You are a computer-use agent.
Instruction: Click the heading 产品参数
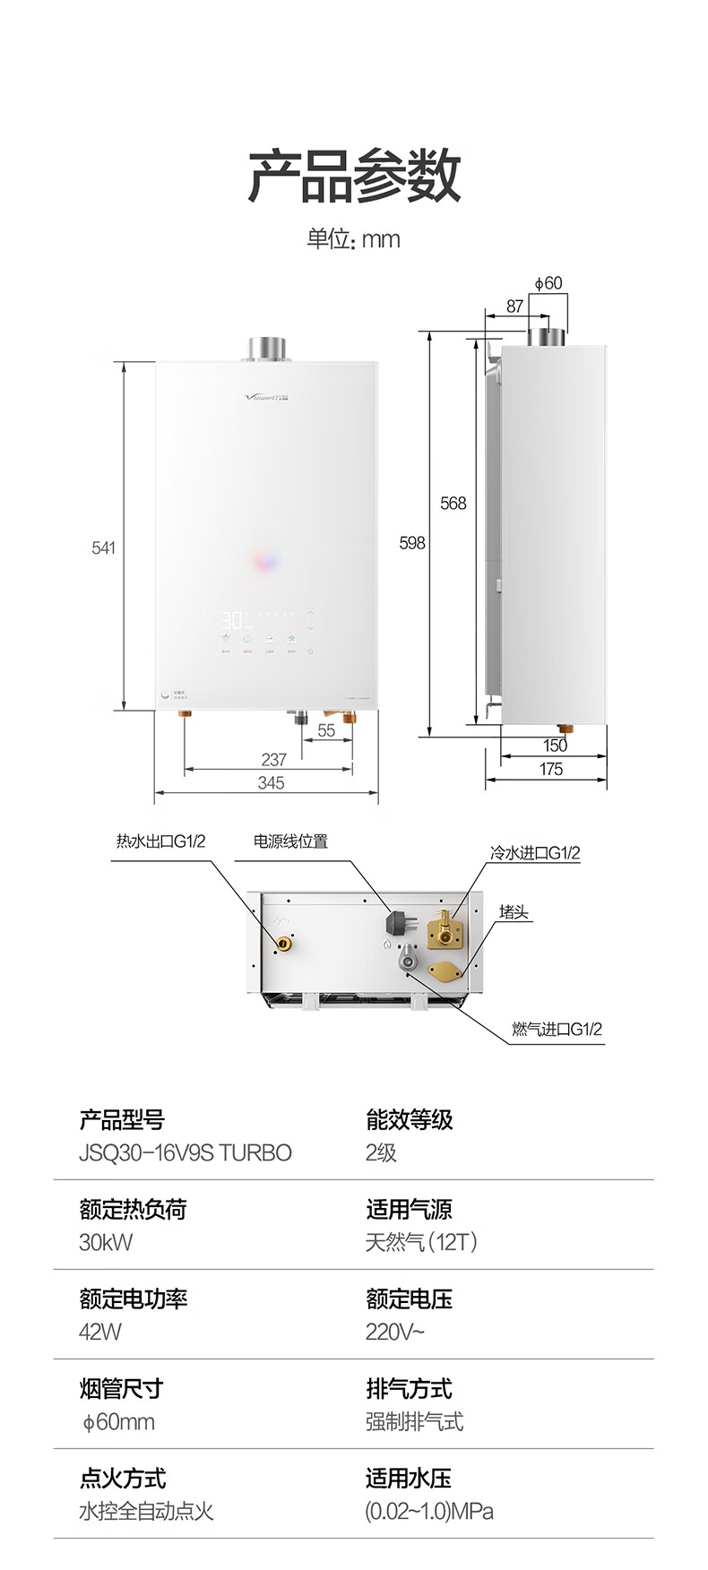354,177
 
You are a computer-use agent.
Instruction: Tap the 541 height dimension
104,548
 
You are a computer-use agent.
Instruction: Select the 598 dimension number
412,543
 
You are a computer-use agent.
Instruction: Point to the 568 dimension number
453,504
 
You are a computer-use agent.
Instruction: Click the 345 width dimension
271,783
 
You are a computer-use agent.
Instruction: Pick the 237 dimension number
273,760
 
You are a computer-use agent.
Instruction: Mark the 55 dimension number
326,731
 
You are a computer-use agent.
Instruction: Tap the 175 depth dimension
551,769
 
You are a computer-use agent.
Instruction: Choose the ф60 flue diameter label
548,283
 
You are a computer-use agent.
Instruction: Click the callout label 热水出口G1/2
161,841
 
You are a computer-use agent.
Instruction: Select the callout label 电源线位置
290,841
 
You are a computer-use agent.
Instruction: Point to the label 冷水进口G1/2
535,853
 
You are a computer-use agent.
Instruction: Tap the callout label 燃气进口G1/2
557,1029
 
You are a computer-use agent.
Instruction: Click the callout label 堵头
514,912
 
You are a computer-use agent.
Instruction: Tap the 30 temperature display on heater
233,619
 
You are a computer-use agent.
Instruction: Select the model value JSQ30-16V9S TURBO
186,1152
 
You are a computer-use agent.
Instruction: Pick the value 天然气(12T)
421,1242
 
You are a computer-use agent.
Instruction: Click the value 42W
100,1332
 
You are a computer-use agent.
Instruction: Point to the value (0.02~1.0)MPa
429,1511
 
